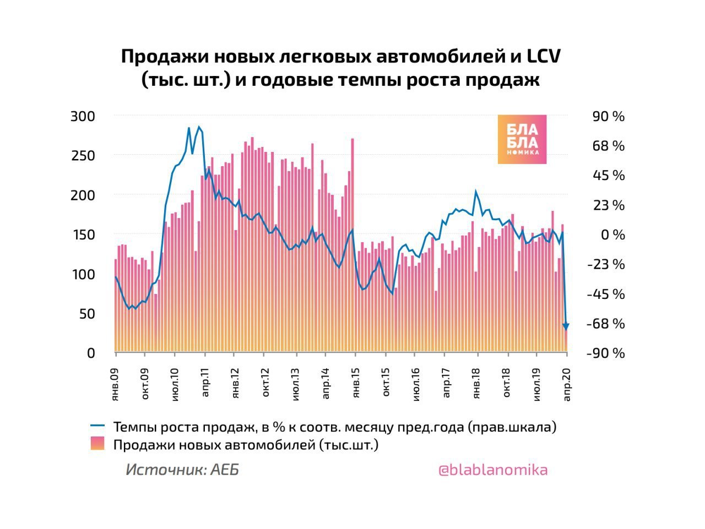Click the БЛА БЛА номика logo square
pyautogui.click(x=522, y=139)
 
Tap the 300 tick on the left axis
pyautogui.click(x=83, y=117)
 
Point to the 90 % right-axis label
pyautogui.click(x=608, y=117)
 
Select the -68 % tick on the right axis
pyautogui.click(x=605, y=324)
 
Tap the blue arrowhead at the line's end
pyautogui.click(x=566, y=326)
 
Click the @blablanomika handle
pyautogui.click(x=492, y=470)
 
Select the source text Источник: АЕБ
pyautogui.click(x=182, y=470)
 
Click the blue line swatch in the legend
pyautogui.click(x=97, y=426)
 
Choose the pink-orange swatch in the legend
pyautogui.click(x=97, y=444)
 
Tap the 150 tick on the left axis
pyautogui.click(x=83, y=235)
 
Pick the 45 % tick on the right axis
pyautogui.click(x=608, y=176)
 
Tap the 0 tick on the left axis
pyautogui.click(x=91, y=353)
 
